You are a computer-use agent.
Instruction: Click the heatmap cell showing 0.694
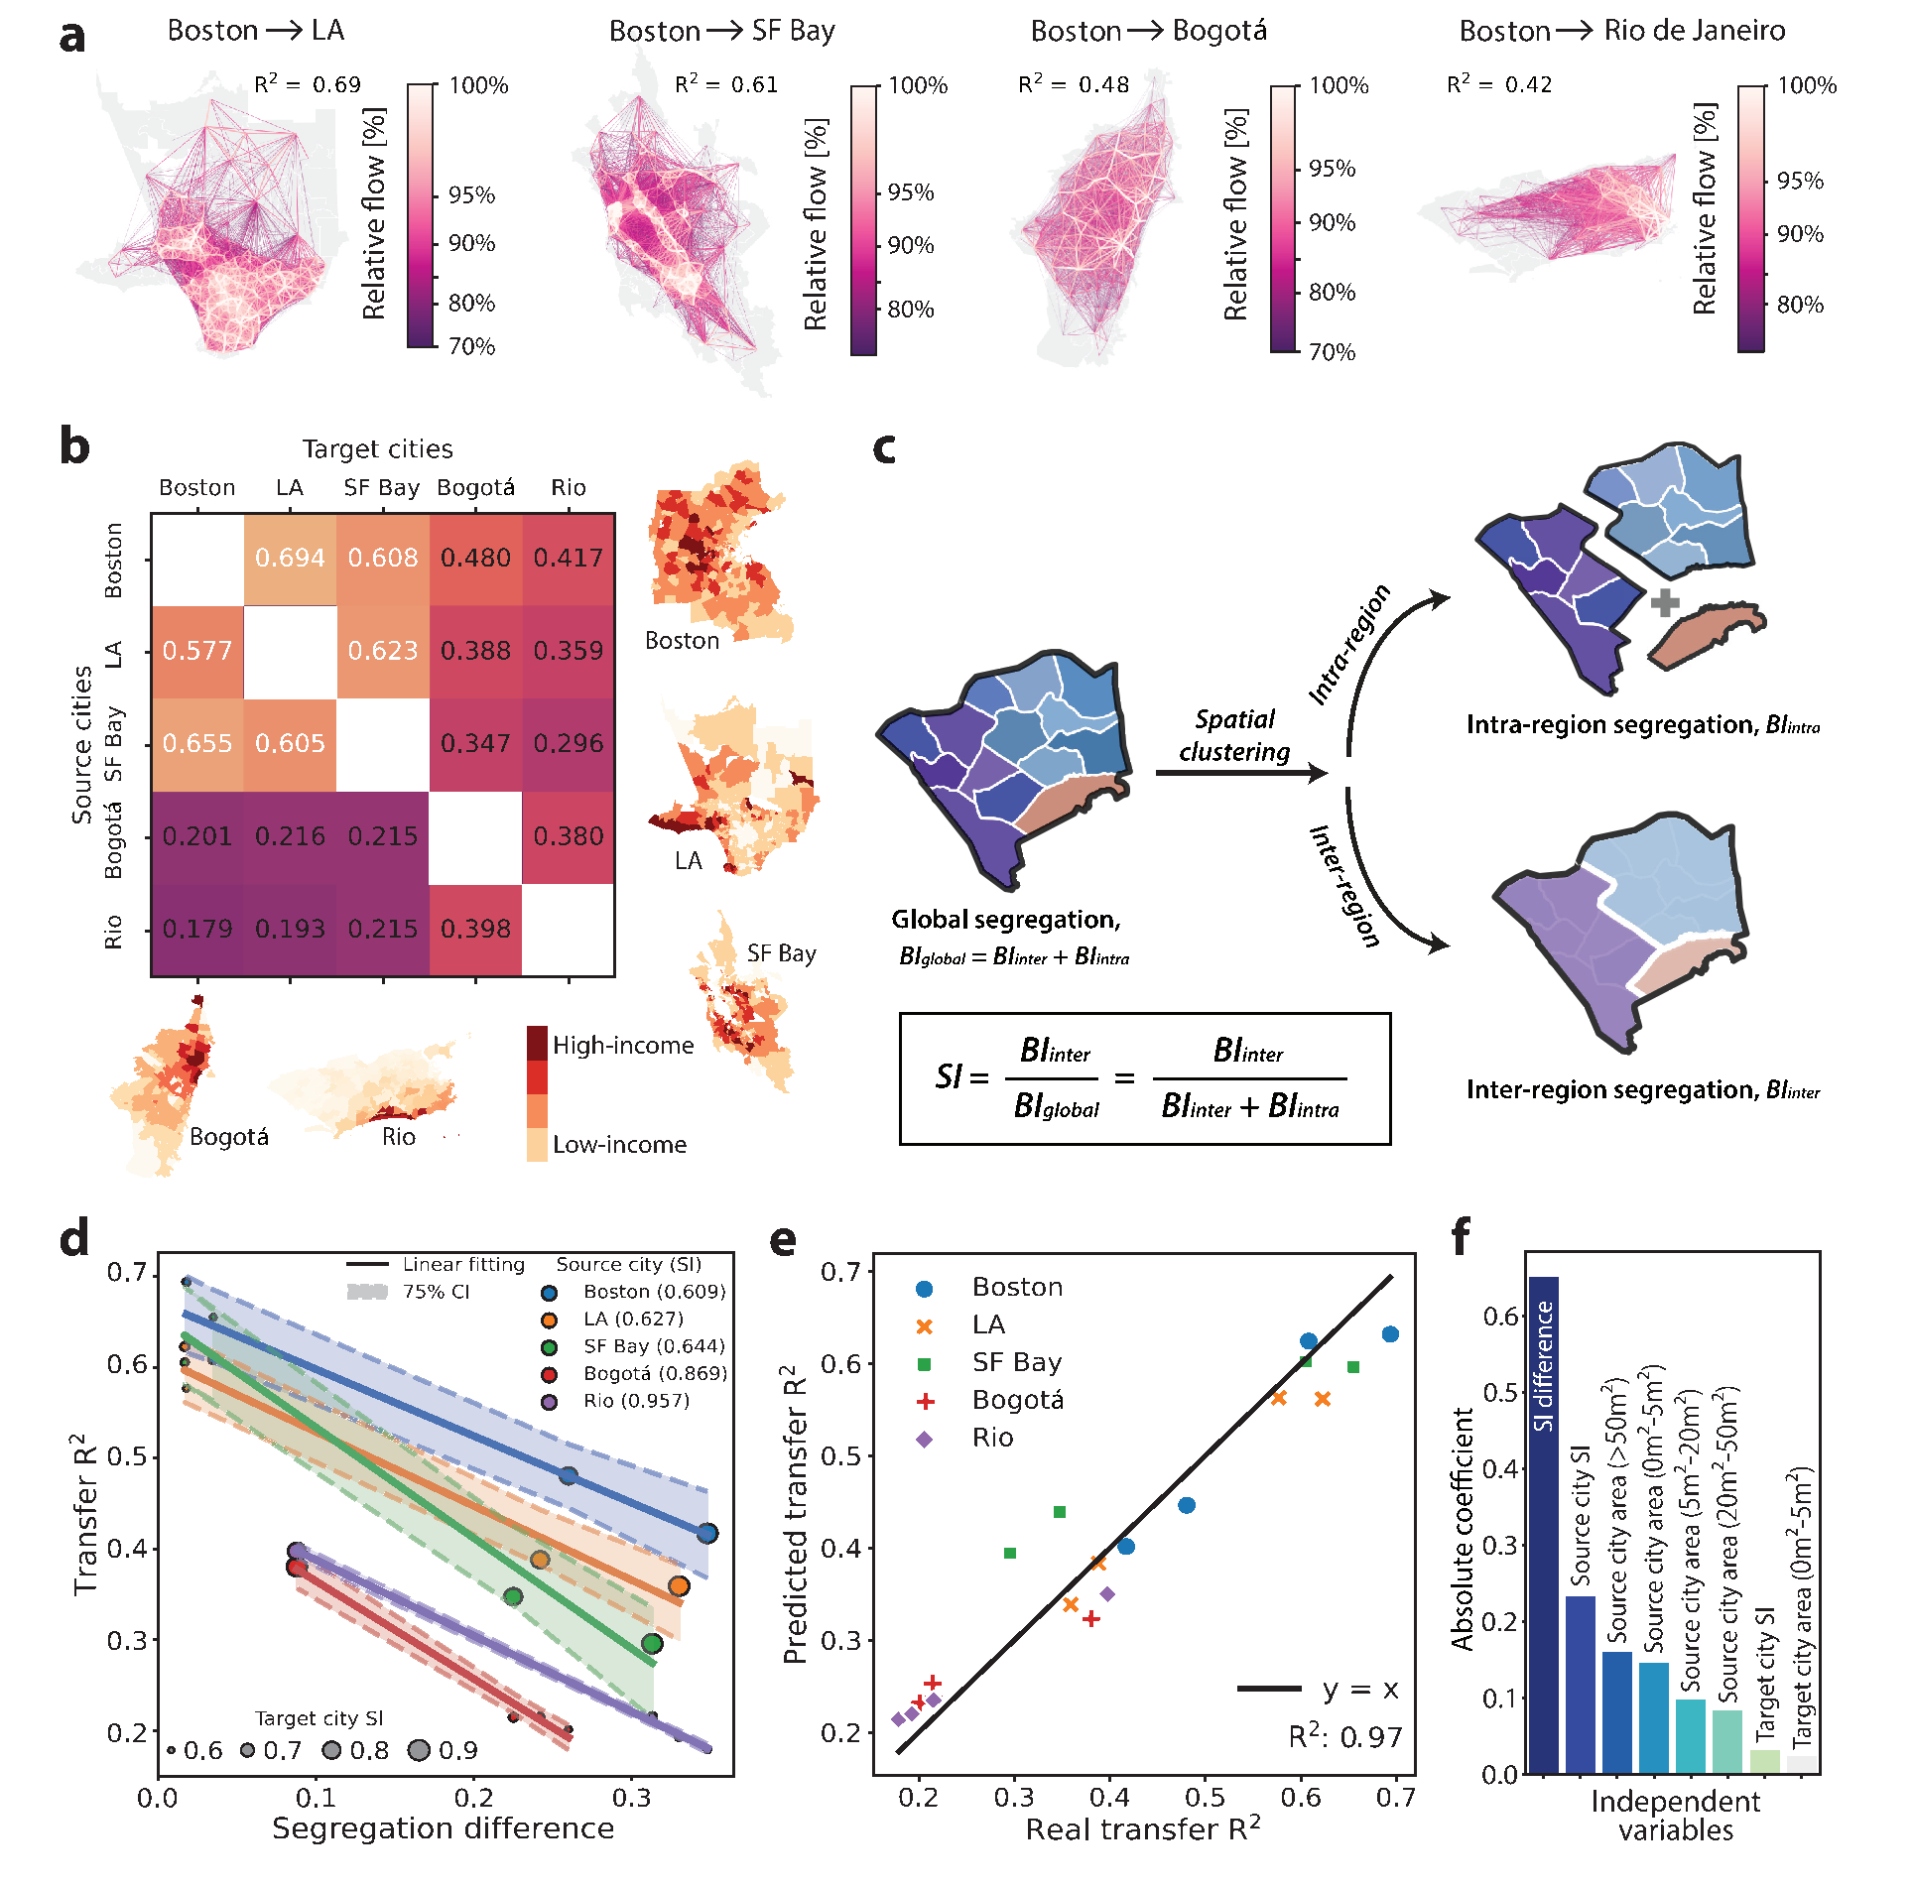point(290,559)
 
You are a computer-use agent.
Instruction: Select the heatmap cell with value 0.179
point(197,930)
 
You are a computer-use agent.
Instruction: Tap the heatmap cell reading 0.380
point(569,836)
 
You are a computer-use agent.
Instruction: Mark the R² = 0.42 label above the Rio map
point(1499,84)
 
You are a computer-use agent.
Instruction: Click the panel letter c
point(883,448)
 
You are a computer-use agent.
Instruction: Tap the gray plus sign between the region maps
point(1665,602)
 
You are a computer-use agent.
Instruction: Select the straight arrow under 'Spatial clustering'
point(1241,773)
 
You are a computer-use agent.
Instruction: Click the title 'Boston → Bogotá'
point(1149,31)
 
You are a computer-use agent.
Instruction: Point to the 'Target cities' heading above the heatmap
point(377,449)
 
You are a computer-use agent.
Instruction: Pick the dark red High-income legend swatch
point(537,1043)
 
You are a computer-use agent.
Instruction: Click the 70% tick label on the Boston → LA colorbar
point(471,346)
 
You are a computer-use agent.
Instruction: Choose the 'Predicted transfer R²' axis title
point(796,1512)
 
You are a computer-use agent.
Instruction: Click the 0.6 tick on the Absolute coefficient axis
point(1500,1316)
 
